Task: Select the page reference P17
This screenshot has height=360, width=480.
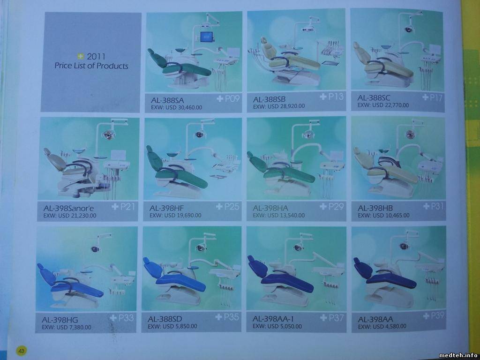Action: coord(436,97)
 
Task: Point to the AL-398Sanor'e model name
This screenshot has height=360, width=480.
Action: coord(68,209)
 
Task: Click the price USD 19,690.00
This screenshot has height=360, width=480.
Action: coord(183,215)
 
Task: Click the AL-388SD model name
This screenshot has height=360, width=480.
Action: coord(165,319)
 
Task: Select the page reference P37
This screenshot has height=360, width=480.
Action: coord(336,318)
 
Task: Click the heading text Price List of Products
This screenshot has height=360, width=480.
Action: coord(91,66)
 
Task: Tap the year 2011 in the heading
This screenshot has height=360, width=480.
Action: coord(96,56)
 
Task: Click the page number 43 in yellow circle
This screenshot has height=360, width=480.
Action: coord(22,351)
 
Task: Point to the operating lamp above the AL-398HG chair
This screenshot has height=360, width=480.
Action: coord(95,248)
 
